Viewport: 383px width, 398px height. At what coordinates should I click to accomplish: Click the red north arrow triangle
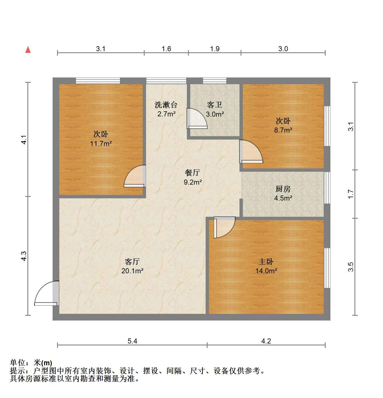pos(28,50)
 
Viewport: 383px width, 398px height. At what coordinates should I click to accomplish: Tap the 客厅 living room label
pos(132,262)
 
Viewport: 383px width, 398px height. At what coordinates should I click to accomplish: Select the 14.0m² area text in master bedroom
pos(266,271)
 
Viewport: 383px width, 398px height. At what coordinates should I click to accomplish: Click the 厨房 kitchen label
pos(283,189)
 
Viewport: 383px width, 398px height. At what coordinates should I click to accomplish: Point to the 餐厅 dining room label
pos(192,173)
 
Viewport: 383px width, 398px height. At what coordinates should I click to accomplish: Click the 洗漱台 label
pos(166,105)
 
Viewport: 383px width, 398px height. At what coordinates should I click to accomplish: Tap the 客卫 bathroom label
pos(214,105)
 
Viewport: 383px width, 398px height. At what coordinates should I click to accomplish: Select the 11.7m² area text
pos(101,143)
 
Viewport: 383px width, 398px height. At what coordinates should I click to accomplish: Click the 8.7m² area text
pos(283,130)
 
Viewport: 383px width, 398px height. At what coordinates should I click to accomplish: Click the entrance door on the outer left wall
pos(47,293)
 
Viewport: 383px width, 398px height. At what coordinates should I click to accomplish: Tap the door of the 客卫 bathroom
pos(197,118)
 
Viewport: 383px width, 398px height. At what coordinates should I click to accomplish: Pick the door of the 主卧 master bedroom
pos(224,227)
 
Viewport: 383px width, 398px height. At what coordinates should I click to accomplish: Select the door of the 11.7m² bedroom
pos(135,176)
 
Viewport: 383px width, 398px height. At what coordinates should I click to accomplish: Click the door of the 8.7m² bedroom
pos(251,152)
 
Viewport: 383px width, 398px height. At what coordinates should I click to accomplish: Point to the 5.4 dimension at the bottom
pos(132,341)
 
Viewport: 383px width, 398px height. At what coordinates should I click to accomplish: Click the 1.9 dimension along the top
pos(215,49)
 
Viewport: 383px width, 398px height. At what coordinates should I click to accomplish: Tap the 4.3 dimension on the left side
pos(24,256)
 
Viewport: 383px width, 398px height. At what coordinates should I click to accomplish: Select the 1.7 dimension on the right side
pos(351,194)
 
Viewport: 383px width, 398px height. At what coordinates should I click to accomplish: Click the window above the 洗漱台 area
pos(166,81)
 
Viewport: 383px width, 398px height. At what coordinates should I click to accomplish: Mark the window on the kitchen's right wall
pos(327,188)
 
